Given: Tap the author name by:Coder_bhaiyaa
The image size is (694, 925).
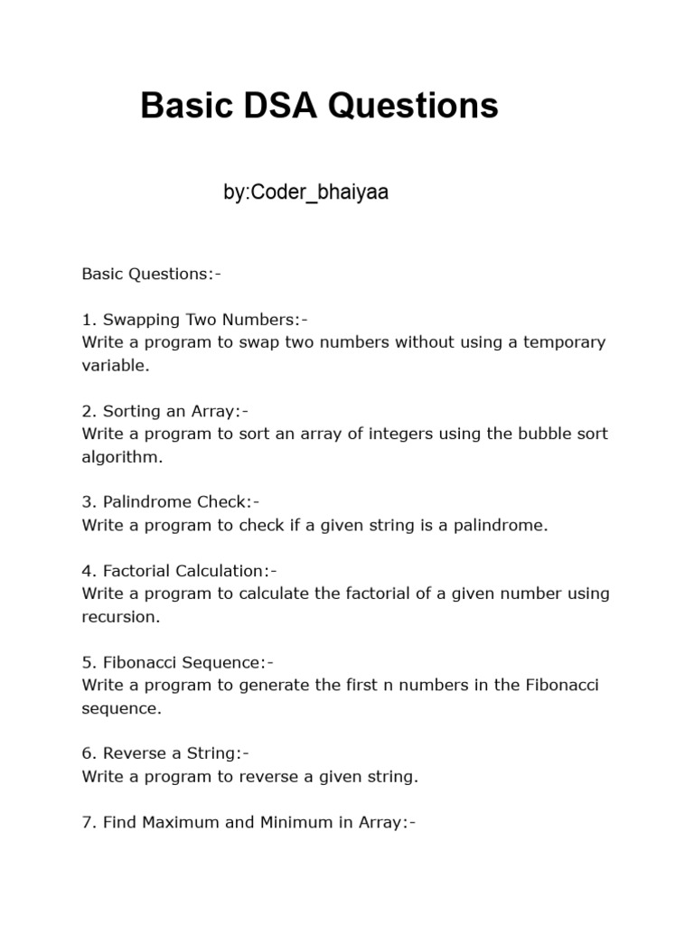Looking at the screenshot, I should pos(305,192).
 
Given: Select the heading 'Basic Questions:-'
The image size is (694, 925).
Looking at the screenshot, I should pos(151,274).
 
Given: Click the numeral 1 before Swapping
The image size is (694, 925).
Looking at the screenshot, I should pos(87,320).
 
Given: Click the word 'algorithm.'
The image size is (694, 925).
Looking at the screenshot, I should pos(123,456).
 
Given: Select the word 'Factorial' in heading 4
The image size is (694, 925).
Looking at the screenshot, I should pos(136,571).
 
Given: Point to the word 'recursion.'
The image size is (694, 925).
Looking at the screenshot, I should pos(120,617).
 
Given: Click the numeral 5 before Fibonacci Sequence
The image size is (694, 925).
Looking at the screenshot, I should pos(87,662).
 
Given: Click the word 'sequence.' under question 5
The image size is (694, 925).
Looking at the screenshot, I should pos(121,708).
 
